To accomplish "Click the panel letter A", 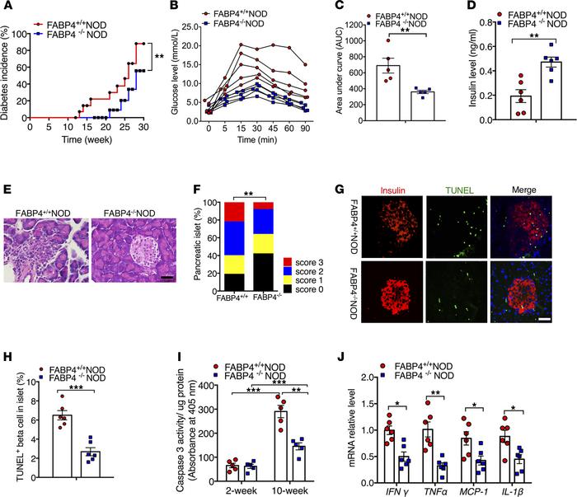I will tap(7, 8).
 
